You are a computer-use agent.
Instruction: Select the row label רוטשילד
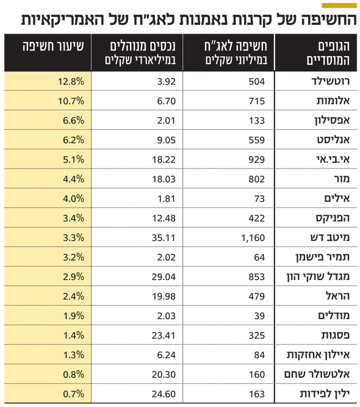(x=331, y=81)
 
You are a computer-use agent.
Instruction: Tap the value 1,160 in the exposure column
(x=253, y=238)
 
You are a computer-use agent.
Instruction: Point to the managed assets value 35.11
(x=164, y=238)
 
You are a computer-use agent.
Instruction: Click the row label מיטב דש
(x=330, y=237)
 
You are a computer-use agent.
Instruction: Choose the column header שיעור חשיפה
(x=53, y=46)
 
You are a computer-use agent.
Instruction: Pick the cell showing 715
(x=257, y=101)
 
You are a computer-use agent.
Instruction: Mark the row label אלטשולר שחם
(x=317, y=374)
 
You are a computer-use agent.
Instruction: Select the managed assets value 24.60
(x=164, y=394)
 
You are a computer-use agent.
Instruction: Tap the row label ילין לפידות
(x=325, y=394)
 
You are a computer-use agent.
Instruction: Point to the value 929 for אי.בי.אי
(x=257, y=160)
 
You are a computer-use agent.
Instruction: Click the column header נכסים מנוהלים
(x=143, y=46)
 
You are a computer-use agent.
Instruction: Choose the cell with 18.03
(x=164, y=179)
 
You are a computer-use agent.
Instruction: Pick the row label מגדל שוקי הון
(x=318, y=276)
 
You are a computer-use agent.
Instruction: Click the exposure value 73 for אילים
(x=259, y=199)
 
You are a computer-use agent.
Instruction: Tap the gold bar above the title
(x=339, y=5)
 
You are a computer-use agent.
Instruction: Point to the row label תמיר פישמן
(x=322, y=258)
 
